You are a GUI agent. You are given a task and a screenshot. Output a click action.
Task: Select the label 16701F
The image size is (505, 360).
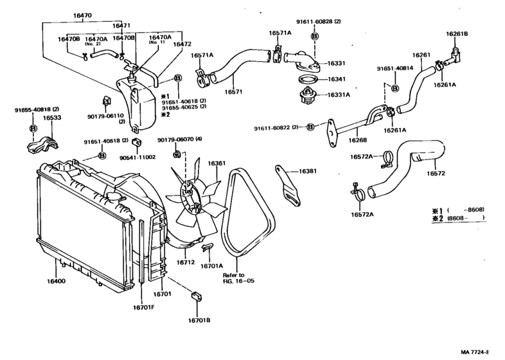tap(145, 307)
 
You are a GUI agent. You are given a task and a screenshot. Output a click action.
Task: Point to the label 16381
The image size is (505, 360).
tap(308, 172)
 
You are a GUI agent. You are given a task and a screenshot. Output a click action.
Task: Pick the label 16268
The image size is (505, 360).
tap(358, 139)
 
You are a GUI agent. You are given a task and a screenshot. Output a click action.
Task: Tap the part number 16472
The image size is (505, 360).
tap(165, 44)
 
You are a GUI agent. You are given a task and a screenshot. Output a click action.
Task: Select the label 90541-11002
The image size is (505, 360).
tap(143, 156)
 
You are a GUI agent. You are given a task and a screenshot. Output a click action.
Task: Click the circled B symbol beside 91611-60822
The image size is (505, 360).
tap(310, 127)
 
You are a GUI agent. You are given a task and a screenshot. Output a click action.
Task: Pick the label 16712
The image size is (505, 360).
tap(186, 262)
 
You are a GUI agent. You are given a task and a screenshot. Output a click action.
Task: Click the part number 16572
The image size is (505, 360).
tap(435, 173)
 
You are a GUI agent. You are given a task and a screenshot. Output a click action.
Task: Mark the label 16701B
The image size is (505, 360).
tap(200, 319)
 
